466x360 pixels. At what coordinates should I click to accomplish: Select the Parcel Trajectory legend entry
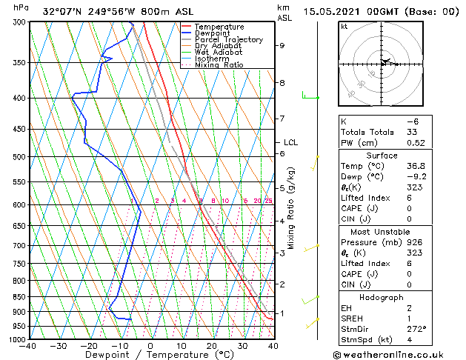pyautogui.click(x=228, y=40)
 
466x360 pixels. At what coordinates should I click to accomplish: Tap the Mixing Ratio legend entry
pyautogui.click(x=219, y=65)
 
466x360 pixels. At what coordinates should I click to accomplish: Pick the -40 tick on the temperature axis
pyautogui.click(x=28, y=346)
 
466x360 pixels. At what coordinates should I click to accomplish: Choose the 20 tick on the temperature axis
pyautogui.click(x=212, y=346)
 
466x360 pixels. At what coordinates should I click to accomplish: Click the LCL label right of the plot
pyautogui.click(x=290, y=142)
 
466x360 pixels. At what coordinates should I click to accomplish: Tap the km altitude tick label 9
pyautogui.click(x=282, y=46)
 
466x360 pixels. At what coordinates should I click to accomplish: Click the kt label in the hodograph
pyautogui.click(x=344, y=27)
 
